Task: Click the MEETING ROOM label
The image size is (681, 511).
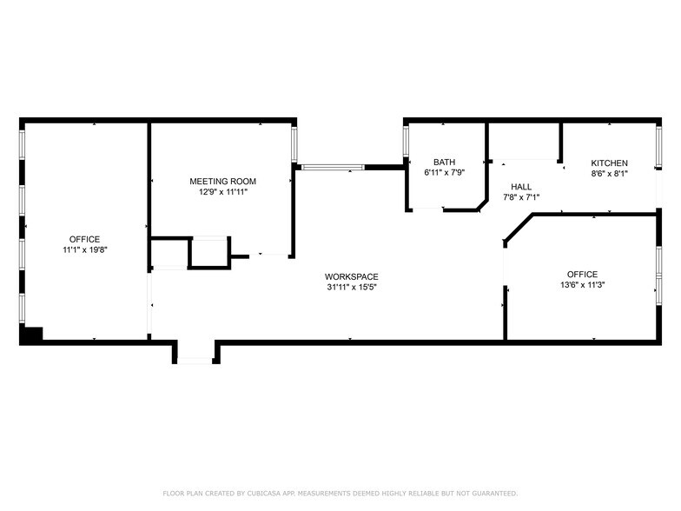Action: click(x=223, y=181)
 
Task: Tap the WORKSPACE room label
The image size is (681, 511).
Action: click(x=351, y=276)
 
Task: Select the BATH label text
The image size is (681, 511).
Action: click(x=444, y=162)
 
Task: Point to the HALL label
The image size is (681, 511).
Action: click(x=521, y=186)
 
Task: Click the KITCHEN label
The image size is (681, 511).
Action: click(x=609, y=163)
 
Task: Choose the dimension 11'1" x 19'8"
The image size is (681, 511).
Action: click(x=84, y=249)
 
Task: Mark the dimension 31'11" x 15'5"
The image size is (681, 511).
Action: click(x=351, y=287)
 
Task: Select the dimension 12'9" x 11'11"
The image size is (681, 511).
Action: click(x=223, y=191)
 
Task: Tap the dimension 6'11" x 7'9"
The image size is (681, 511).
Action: click(x=444, y=172)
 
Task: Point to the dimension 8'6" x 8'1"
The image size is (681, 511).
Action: click(x=609, y=173)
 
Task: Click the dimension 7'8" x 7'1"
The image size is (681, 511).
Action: click(x=521, y=196)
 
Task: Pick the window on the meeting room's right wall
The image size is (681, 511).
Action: click(x=294, y=144)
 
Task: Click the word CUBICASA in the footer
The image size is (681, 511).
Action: click(x=268, y=493)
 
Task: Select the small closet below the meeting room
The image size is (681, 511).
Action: click(x=208, y=252)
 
